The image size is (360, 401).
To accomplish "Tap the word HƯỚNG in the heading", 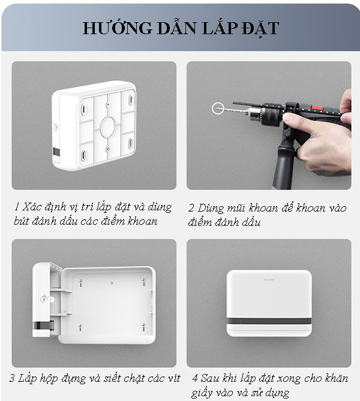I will (x=110, y=28).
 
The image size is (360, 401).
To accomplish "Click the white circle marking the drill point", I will (x=218, y=108).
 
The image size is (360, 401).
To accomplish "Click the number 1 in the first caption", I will (x=17, y=207).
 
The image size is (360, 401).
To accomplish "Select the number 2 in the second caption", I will (x=191, y=208).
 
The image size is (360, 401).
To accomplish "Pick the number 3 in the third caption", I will (x=13, y=379).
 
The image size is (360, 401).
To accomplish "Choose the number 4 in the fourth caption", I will (x=195, y=379).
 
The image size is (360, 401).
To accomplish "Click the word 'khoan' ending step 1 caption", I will (x=142, y=221).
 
